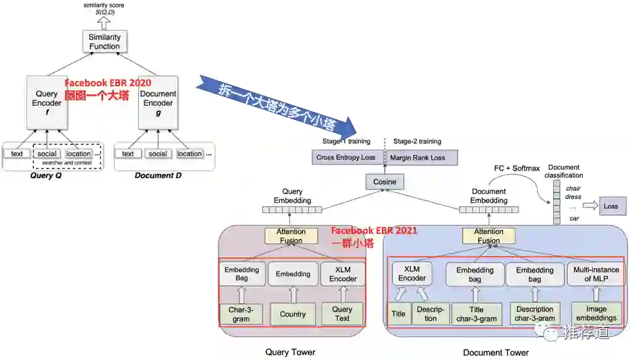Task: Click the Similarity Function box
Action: [104, 42]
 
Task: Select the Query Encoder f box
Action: [47, 103]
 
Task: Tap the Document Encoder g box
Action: [159, 103]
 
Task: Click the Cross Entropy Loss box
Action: [345, 158]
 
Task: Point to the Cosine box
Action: [384, 182]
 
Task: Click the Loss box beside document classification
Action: [610, 206]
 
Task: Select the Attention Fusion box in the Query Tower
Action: [291, 236]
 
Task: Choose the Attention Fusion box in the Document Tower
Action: [488, 236]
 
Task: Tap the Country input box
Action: [293, 314]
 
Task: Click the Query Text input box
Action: [342, 314]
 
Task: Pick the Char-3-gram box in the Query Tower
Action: [241, 314]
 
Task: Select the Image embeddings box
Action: [596, 314]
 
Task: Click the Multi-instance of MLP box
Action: [596, 274]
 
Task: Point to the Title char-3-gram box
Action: [477, 314]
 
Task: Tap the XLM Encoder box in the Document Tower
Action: [411, 273]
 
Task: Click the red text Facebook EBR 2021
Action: [374, 231]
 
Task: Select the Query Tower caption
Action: [291, 352]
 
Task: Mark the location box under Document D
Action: [189, 154]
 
